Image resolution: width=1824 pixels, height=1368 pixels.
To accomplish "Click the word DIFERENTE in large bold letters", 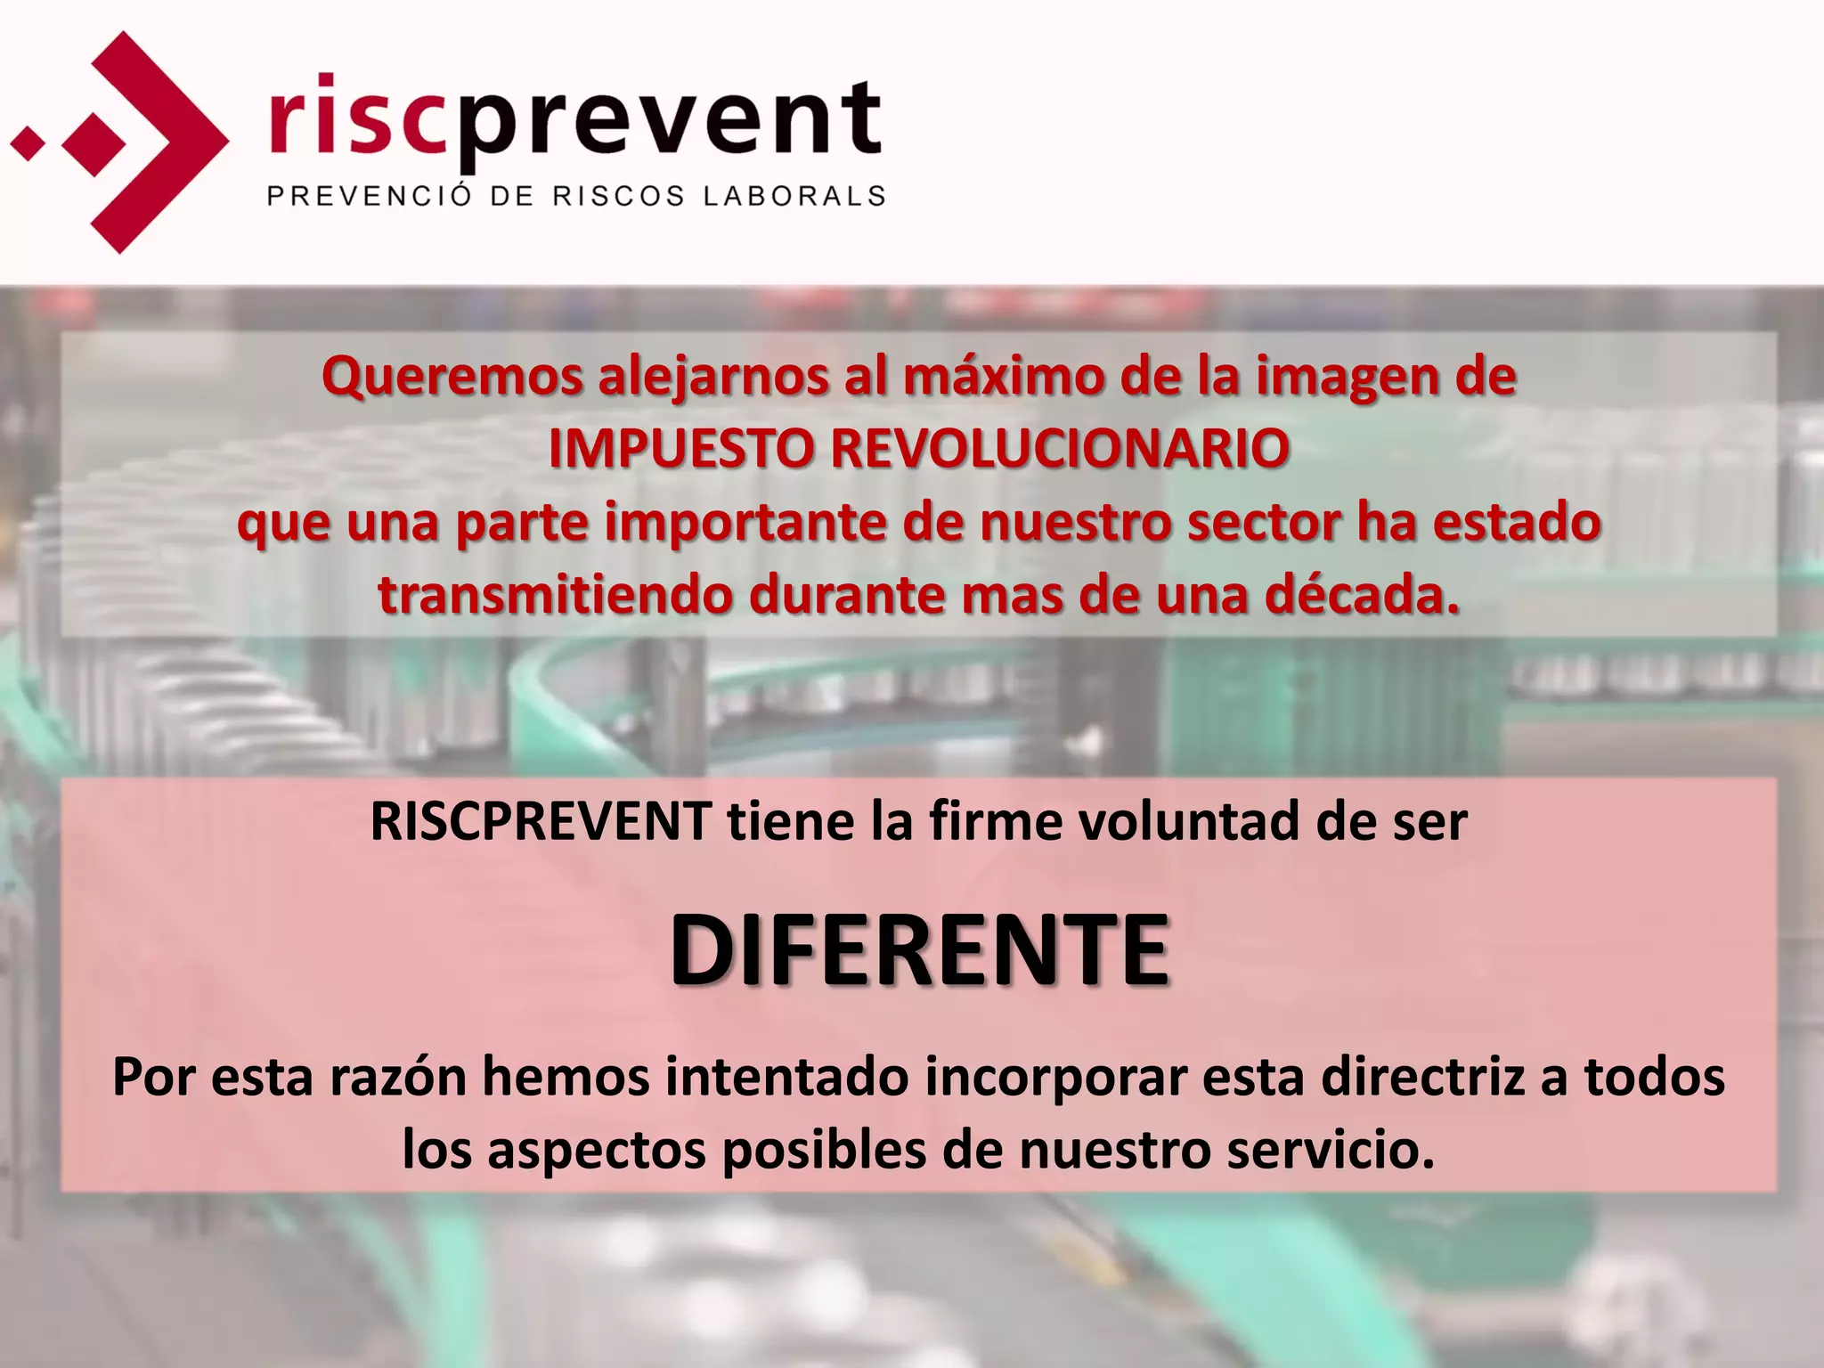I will tap(919, 951).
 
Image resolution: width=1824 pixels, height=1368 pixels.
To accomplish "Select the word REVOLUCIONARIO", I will tap(1060, 449).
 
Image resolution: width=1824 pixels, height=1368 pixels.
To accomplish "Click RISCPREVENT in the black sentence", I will tap(541, 821).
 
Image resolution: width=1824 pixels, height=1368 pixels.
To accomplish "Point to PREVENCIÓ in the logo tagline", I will tap(369, 196).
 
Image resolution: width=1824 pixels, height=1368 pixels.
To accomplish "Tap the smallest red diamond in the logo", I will tap(28, 142).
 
